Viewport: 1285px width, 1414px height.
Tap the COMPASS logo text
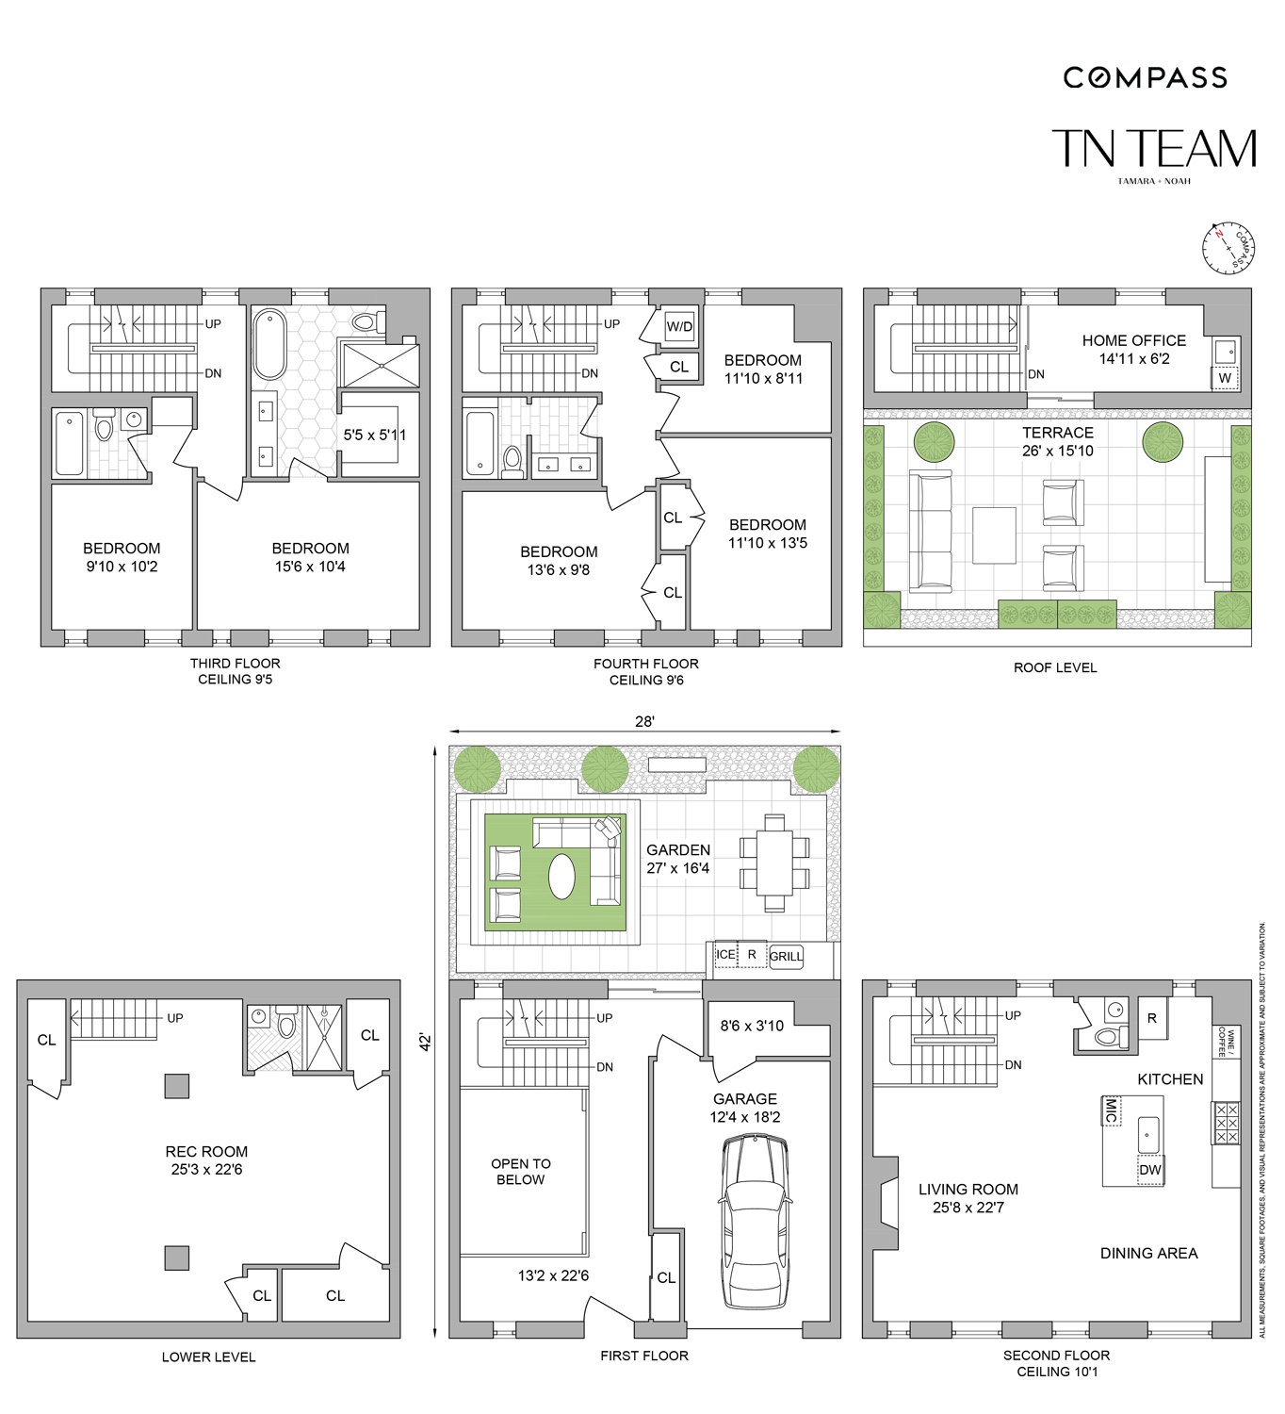coord(1146,78)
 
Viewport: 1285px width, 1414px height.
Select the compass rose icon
coord(1228,248)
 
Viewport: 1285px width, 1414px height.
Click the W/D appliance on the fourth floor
coord(679,327)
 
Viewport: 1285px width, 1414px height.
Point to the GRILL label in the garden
coord(786,956)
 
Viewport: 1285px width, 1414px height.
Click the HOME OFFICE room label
coord(1133,340)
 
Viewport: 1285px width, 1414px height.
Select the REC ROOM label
coord(206,1151)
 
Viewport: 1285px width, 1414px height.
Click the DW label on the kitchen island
coord(1150,1170)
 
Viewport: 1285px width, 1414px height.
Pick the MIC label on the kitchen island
coord(1112,1110)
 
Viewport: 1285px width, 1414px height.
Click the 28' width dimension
coord(644,721)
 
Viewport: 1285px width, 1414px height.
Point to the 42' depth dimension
coord(426,1042)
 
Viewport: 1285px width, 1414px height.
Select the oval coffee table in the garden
coord(562,877)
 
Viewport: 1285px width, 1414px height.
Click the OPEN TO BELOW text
coord(521,1171)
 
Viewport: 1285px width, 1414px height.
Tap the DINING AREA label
coord(1148,1253)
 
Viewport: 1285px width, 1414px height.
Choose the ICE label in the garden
coord(724,955)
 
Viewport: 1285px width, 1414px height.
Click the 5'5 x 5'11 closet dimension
coord(374,435)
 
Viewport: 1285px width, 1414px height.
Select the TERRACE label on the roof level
coord(1058,433)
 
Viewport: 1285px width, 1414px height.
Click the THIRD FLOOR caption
coord(235,664)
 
